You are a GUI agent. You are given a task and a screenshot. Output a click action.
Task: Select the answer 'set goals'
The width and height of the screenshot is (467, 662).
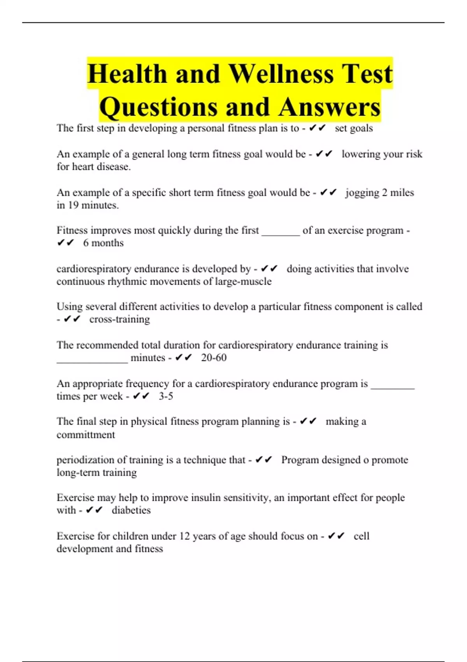tap(354, 129)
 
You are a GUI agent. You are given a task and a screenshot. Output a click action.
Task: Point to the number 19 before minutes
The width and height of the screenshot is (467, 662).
tap(73, 205)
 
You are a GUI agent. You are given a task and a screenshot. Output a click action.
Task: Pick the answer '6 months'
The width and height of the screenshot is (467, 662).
tap(103, 243)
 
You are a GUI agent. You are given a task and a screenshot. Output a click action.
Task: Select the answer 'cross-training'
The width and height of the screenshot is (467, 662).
tap(119, 319)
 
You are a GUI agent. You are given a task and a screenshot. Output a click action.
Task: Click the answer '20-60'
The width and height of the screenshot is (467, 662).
tap(214, 357)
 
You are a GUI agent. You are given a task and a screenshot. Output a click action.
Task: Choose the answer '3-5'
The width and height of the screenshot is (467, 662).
tap(166, 396)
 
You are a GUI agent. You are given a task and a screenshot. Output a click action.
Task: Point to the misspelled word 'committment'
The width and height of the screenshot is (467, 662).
tap(86, 435)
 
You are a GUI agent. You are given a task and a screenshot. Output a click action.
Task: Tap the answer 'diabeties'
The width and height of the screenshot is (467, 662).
tap(131, 510)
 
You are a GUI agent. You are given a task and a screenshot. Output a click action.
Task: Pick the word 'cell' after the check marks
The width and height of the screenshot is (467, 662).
tap(361, 536)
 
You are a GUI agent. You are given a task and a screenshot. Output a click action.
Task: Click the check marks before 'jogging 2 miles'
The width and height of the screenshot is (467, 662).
tap(328, 192)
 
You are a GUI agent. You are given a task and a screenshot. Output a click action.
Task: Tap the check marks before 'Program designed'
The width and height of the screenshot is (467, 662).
tap(263, 460)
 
